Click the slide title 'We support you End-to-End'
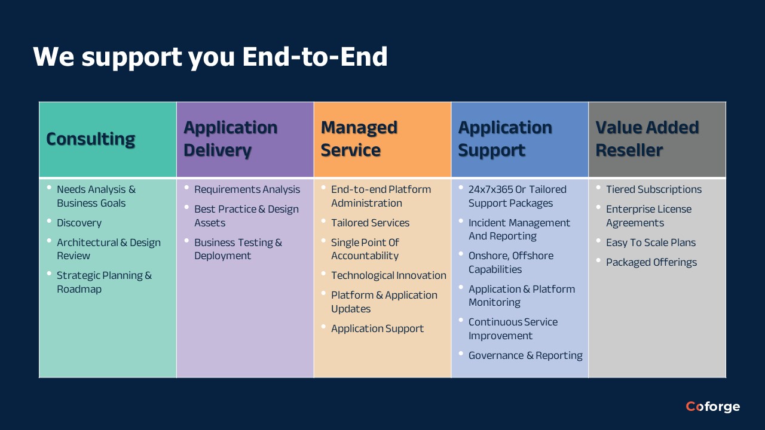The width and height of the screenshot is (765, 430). point(210,57)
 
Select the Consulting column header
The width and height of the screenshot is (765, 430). point(91,139)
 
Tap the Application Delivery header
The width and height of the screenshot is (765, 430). point(230,139)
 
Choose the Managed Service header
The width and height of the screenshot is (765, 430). point(359,139)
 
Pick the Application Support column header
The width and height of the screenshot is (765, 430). point(505,139)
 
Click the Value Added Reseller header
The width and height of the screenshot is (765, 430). point(647,139)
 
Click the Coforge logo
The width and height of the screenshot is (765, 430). point(712,407)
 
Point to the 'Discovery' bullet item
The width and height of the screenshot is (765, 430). point(79,223)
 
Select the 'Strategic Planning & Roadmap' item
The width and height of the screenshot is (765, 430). point(104,282)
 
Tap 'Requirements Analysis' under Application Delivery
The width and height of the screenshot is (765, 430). point(247,189)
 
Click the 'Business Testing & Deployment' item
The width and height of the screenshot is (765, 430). point(237,249)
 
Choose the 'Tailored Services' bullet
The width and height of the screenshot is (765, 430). point(370,223)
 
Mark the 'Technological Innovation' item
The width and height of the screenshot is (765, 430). point(388,275)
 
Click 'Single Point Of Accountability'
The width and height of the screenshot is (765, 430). point(365,249)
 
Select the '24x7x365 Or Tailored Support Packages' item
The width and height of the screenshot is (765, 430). point(517,196)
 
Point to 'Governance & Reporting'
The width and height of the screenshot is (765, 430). point(525,355)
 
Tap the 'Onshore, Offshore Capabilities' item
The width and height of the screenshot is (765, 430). point(510,262)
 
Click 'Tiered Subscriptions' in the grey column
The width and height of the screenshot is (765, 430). point(653,189)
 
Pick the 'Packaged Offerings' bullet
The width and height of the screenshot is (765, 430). point(651,262)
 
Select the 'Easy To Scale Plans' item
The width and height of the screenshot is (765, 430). point(650,242)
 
